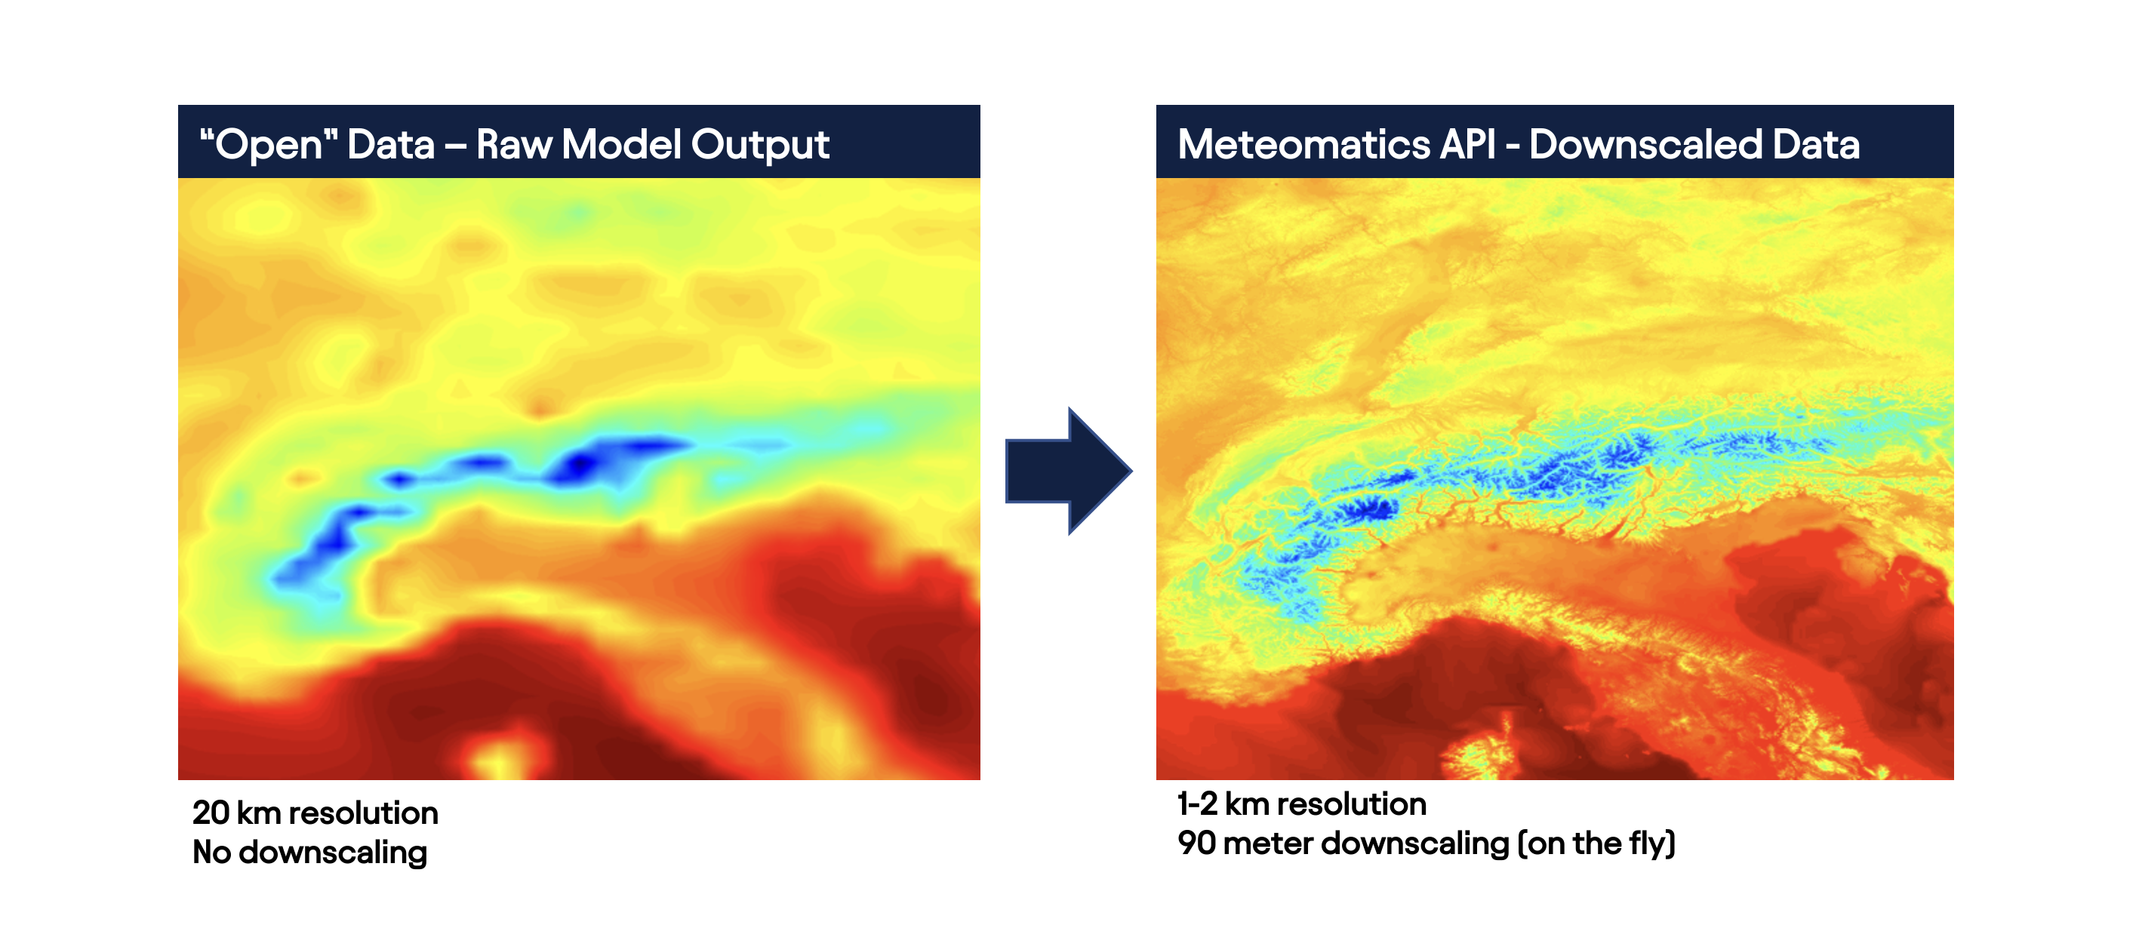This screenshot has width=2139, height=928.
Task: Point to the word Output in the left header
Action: pos(760,146)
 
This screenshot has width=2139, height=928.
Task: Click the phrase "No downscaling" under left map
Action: pos(309,853)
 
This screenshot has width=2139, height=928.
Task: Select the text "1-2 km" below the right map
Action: pos(1221,804)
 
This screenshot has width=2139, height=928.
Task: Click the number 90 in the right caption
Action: pos(1196,843)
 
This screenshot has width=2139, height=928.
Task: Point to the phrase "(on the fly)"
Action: pos(1597,844)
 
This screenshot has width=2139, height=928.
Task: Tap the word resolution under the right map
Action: pos(1350,804)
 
